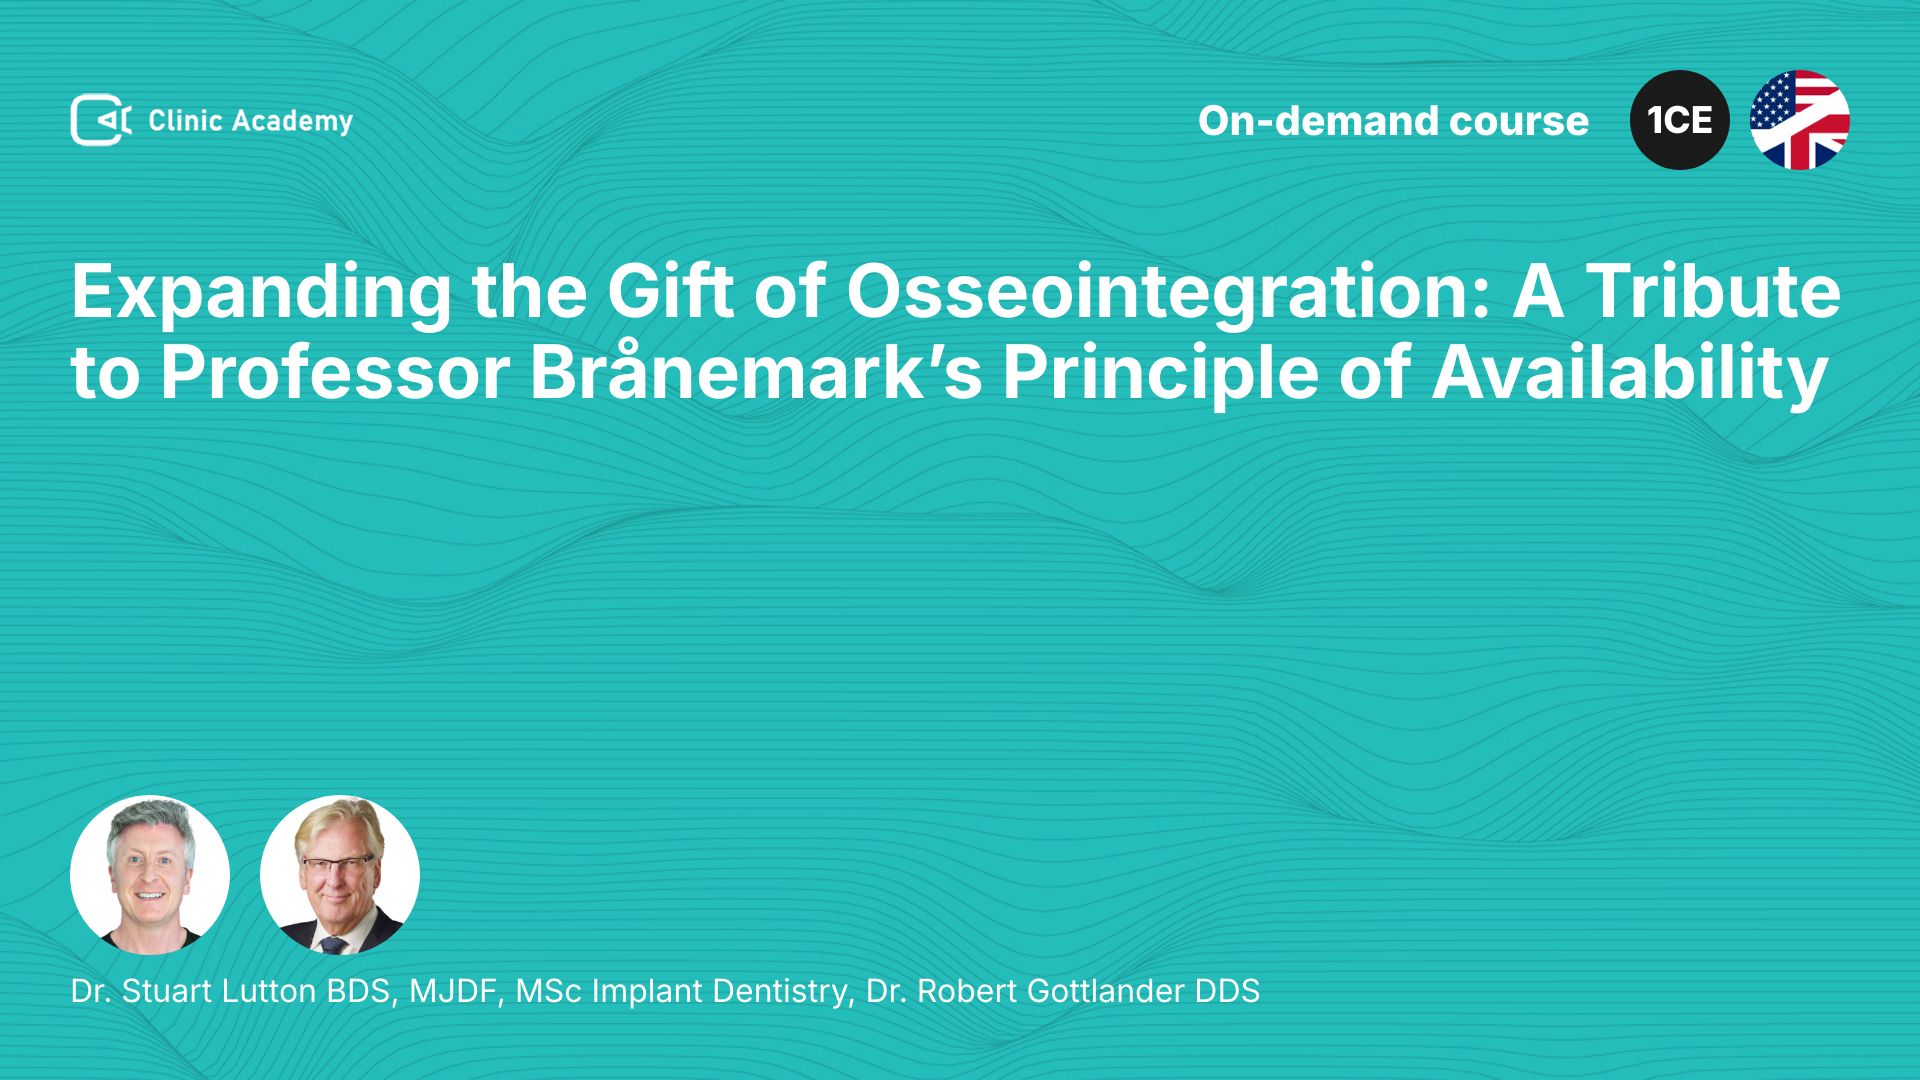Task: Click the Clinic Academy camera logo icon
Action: coord(101,120)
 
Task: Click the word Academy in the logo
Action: coord(293,122)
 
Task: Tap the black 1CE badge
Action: coord(1680,120)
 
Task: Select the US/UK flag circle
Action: coord(1800,120)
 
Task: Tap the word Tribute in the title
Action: coord(1713,292)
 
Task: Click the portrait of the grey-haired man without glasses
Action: coord(150,875)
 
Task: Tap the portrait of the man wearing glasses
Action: coord(340,875)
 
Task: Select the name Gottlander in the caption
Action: coord(1105,991)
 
